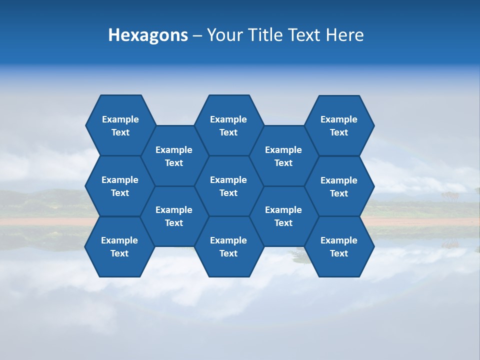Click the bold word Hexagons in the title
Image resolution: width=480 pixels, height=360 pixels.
coord(148,35)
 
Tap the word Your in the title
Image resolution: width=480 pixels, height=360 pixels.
coord(224,35)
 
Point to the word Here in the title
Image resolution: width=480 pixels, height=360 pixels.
coord(344,35)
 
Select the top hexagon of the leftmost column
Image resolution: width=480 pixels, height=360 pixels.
coord(120,125)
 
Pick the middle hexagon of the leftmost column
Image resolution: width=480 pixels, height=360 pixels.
coord(120,186)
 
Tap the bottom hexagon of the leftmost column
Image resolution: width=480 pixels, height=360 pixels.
coord(119,246)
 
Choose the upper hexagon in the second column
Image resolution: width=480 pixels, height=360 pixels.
coord(174,156)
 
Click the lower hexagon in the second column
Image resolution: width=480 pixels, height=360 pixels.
coord(174,216)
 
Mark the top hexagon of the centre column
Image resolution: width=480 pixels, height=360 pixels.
coord(228,125)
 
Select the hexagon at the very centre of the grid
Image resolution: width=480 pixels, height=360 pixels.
coord(228,186)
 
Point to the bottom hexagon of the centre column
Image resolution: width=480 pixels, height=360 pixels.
coord(228,246)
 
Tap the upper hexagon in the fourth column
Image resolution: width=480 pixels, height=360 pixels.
coord(283,156)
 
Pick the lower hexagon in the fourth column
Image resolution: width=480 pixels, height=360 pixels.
coord(283,216)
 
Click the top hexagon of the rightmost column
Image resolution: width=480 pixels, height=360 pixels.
coord(339,125)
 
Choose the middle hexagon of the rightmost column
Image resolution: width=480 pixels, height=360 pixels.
coord(339,186)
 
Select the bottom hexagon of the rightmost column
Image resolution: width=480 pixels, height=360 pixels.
coord(339,246)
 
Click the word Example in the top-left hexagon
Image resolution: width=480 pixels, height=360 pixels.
coord(120,119)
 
